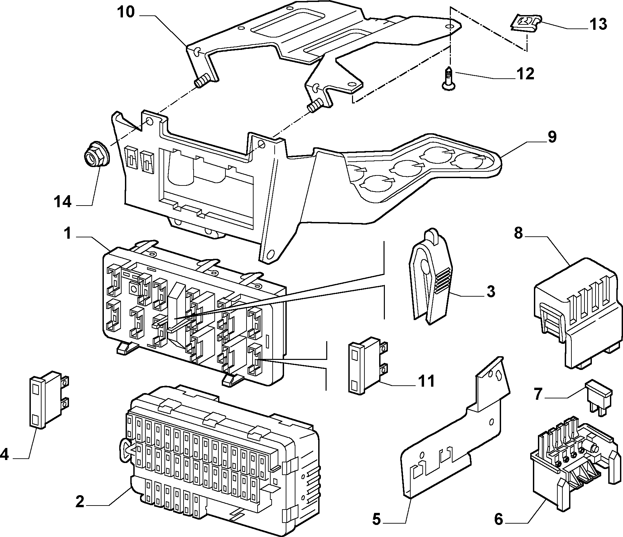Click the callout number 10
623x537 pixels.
tap(126, 12)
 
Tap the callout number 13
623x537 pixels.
tap(598, 24)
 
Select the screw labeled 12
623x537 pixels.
tap(448, 78)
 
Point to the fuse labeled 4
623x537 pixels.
tap(50, 399)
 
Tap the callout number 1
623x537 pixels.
tap(68, 233)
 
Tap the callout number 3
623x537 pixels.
tap(490, 291)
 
